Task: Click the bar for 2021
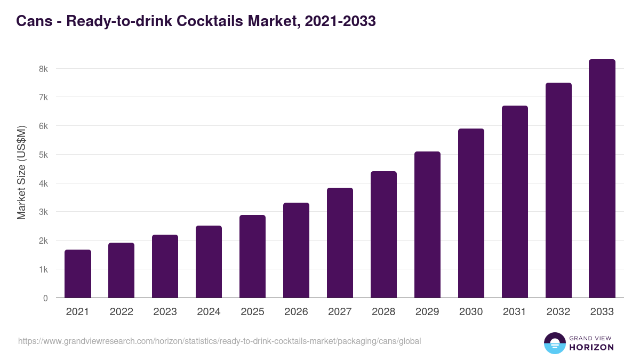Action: pos(78,274)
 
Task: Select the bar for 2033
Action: pos(602,179)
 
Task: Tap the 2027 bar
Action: pos(340,243)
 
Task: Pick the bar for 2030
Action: pos(471,213)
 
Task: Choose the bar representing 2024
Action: pos(209,262)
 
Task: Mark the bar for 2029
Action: pos(427,225)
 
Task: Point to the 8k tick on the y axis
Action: pos(43,69)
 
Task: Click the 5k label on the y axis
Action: pos(43,155)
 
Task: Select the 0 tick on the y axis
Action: pos(45,298)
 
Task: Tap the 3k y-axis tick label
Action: pos(43,212)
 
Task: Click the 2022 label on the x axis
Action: pos(122,312)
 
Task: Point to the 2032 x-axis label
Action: pos(558,312)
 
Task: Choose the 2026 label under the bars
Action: pos(296,312)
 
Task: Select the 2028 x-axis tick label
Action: pos(383,312)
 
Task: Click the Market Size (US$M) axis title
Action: pos(21,173)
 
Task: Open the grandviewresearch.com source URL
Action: pos(219,341)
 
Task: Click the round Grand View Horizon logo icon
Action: pos(554,343)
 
